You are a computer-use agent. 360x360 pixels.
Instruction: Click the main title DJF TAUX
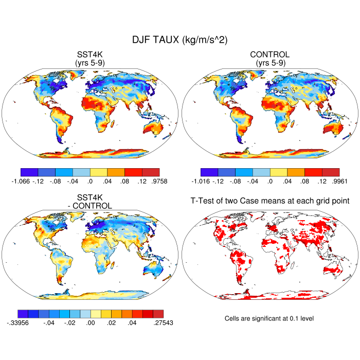tap(180, 40)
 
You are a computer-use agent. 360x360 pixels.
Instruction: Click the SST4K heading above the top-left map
tap(90, 55)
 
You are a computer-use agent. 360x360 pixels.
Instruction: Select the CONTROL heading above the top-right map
tap(269, 55)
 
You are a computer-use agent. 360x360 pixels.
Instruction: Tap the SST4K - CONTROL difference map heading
tap(90, 202)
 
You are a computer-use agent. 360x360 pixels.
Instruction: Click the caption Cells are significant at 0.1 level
tap(269, 318)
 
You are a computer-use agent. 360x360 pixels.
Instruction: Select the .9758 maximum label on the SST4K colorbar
tap(159, 181)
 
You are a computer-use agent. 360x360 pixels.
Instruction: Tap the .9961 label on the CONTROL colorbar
tap(340, 181)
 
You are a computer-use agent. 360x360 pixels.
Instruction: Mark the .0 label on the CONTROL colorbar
tap(270, 181)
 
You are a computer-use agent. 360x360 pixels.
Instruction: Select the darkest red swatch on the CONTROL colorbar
tap(331, 172)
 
